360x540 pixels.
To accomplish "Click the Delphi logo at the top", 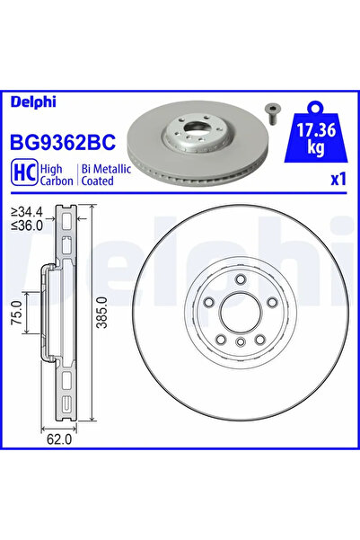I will pos(31,102).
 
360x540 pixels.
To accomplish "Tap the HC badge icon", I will pos(23,173).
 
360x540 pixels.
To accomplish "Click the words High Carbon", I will pos(59,173).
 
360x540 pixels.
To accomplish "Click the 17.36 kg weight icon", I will pos(316,135).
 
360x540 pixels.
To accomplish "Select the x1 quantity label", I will pos(338,179).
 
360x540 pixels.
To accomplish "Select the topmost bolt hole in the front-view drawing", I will pos(240,282).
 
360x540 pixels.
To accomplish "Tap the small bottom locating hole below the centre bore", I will pos(240,343).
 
